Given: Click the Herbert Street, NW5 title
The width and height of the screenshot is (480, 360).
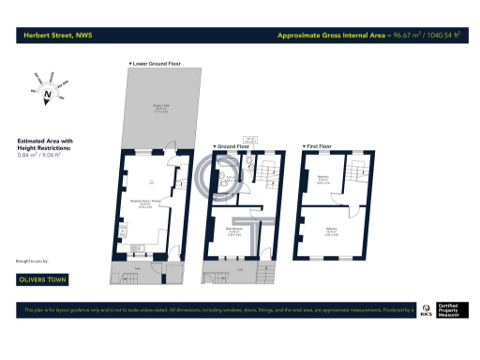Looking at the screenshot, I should [54, 36].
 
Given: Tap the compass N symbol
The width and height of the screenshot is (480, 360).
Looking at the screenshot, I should [46, 92].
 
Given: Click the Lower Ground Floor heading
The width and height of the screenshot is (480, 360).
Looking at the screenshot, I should [155, 64].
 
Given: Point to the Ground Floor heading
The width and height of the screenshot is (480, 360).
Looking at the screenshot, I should [232, 146].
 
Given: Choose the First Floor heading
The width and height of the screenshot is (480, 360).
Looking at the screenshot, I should [318, 146].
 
